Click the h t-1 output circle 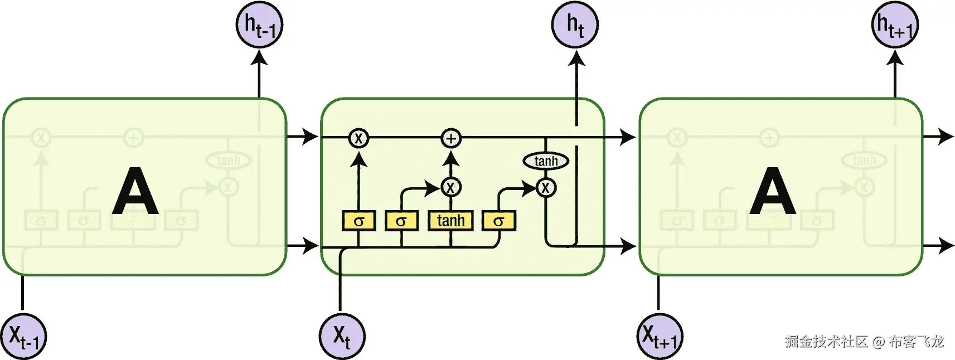260,25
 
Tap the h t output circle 575,25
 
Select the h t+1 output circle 894,25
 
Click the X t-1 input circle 23,336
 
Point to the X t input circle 342,336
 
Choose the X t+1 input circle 660,336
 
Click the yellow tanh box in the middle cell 450,221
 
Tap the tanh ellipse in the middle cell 546,161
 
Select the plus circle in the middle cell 451,138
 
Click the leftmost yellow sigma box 358,221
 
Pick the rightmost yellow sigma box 498,221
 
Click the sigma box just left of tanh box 401,221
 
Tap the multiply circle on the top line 358,138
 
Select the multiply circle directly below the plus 451,187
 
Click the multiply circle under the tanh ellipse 546,188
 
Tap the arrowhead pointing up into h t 576,58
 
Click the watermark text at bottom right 864,341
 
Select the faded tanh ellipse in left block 228,160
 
